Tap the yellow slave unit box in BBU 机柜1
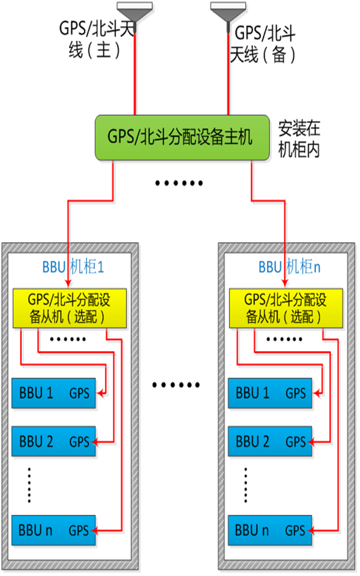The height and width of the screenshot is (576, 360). (69, 308)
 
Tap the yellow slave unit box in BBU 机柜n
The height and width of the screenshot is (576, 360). (286, 308)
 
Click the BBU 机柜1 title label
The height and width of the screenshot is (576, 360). (73, 267)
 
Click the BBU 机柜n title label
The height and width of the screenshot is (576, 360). (290, 267)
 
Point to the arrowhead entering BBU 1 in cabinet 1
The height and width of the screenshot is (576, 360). (101, 394)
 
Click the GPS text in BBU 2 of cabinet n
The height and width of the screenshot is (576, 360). (296, 442)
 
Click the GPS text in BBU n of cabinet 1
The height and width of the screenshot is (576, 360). (79, 530)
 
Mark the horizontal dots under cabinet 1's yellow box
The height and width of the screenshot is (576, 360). (68, 340)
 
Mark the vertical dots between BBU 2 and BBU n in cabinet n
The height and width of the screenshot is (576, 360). (246, 485)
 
